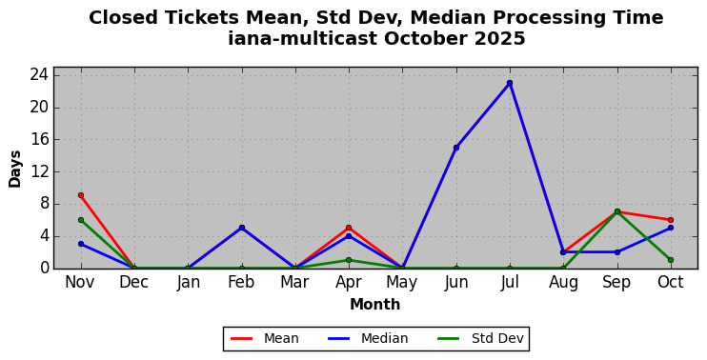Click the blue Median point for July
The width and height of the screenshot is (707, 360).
tap(510, 83)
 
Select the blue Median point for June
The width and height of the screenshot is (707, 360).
tap(456, 148)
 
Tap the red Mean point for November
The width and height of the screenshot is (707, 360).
tap(81, 195)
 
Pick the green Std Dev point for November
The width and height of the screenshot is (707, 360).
tap(81, 220)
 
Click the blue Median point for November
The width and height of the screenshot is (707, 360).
tap(81, 244)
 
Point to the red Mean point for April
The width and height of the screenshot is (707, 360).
tap(349, 228)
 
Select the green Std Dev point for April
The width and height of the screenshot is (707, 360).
tap(349, 260)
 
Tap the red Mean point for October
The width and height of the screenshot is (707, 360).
tap(671, 220)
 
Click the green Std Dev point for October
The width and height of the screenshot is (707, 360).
tap(671, 260)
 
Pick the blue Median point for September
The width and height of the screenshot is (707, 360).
tap(616, 251)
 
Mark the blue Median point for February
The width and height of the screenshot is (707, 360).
tap(242, 228)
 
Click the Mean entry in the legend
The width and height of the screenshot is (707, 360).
tap(265, 338)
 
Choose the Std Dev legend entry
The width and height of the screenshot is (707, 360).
tap(480, 338)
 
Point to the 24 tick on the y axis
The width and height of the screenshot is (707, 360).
tap(39, 75)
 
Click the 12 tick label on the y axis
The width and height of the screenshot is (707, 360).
tap(39, 171)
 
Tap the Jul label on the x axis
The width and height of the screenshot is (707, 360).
tap(510, 283)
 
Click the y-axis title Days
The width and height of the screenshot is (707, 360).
tap(15, 169)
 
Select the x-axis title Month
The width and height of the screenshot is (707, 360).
tap(375, 305)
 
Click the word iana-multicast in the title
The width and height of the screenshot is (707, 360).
tap(303, 38)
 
